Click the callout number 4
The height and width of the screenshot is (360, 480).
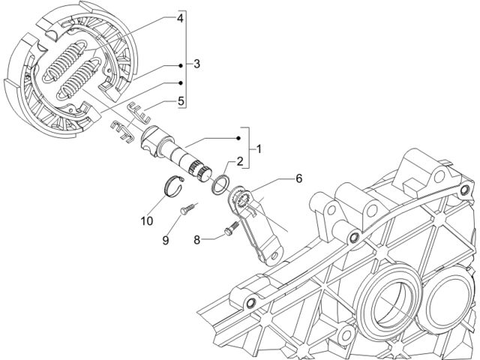(x=180, y=18)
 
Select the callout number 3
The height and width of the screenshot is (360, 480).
(x=196, y=64)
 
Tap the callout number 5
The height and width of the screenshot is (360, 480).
(x=181, y=100)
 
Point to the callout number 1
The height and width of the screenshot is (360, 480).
(x=259, y=149)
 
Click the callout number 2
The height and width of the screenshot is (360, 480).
(x=240, y=161)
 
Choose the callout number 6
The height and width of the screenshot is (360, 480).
(x=298, y=178)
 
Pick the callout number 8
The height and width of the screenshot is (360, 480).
(x=196, y=240)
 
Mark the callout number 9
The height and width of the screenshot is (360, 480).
(x=165, y=240)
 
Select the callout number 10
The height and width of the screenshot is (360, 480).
(x=147, y=220)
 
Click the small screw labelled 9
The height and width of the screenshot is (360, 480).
(x=187, y=208)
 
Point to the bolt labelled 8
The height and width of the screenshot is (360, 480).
(x=231, y=228)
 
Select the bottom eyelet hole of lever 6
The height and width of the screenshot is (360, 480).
(x=274, y=255)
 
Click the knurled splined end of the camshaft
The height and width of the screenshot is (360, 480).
(x=199, y=172)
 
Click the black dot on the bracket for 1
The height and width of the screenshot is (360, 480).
(x=238, y=138)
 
